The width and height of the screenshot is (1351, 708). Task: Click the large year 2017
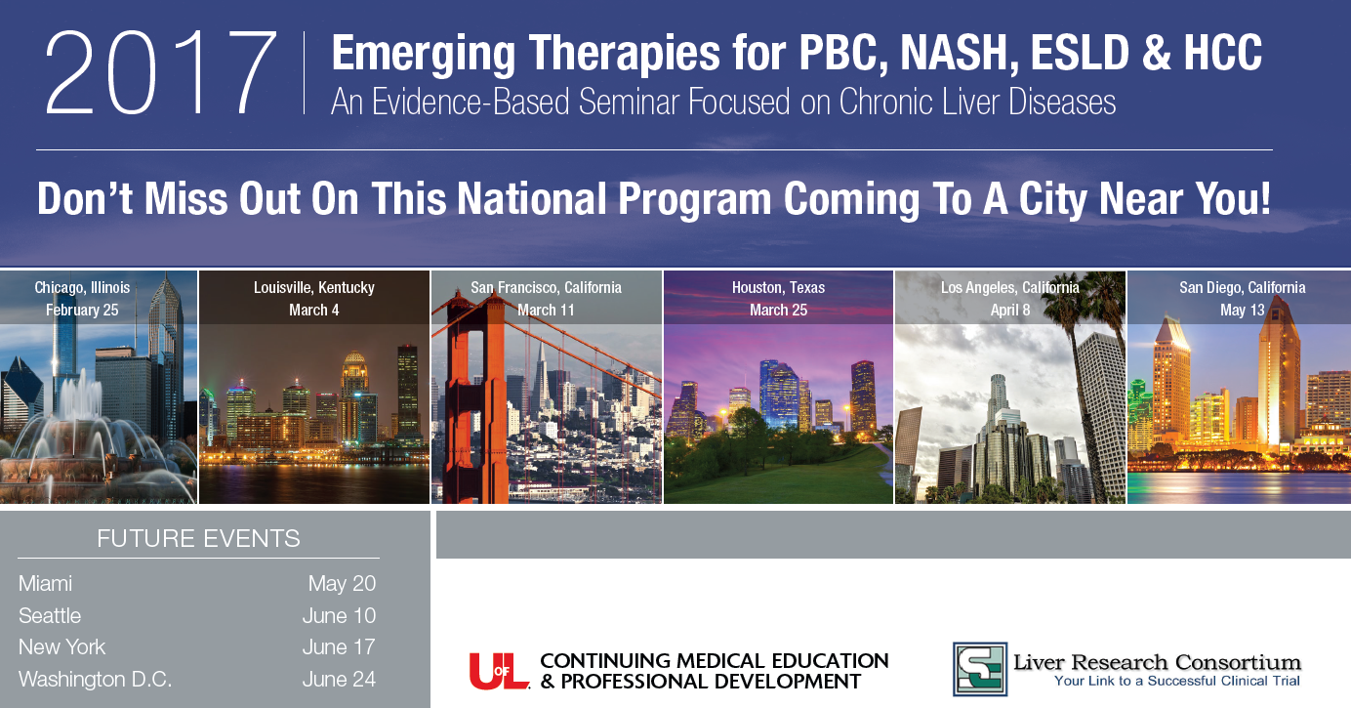[x=161, y=73]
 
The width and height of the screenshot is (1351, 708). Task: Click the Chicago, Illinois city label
[x=82, y=287]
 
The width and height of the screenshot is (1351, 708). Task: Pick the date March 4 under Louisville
[x=313, y=311]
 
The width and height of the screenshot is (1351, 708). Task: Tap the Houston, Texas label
[x=778, y=287]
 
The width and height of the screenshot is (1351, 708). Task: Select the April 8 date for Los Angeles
[x=1010, y=311]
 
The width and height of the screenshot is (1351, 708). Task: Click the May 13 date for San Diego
[x=1243, y=311]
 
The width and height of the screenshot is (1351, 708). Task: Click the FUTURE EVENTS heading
[x=198, y=538]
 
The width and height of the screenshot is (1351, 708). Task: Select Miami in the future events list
[x=45, y=584]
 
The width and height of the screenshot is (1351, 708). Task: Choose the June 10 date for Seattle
[x=339, y=615]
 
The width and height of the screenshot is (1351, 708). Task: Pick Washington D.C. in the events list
[x=96, y=679]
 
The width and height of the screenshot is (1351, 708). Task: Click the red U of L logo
[x=500, y=671]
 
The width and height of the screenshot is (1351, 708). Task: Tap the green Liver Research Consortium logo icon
[x=980, y=669]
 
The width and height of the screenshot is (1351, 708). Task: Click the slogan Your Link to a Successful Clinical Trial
[x=1176, y=681]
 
